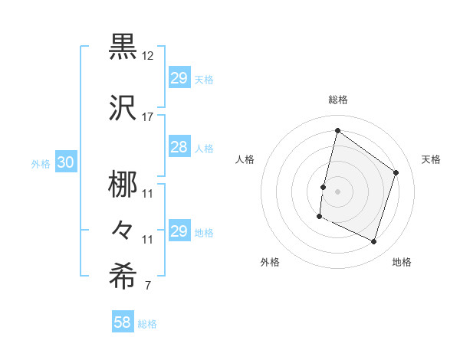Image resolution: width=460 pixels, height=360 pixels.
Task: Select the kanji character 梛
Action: coord(123,183)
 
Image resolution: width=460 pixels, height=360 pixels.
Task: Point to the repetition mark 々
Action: coord(123,230)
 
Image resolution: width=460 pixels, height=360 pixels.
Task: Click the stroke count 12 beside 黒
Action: coord(148,56)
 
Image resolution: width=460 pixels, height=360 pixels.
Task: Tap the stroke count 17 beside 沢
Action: coord(148,116)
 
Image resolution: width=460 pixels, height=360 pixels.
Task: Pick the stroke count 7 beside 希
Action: coord(148,286)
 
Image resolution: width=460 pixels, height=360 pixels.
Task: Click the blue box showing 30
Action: coord(65,162)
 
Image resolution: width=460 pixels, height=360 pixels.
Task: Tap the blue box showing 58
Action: coord(122,323)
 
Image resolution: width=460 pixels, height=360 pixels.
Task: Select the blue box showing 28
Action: coord(179,147)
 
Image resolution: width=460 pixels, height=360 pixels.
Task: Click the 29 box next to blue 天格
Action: coord(179,78)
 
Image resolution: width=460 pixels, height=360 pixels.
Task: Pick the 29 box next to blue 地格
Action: coord(179,231)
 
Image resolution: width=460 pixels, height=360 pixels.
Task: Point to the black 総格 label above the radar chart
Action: coord(338,100)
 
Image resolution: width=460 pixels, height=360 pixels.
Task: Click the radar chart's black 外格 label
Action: coord(270,263)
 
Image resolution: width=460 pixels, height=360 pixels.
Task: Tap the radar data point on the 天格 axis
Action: coord(396,172)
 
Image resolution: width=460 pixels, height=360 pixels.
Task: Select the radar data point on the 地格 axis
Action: coord(374,242)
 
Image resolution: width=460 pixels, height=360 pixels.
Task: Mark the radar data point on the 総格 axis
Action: coord(337,130)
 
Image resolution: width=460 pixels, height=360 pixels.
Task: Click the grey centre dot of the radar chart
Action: coord(337,191)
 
